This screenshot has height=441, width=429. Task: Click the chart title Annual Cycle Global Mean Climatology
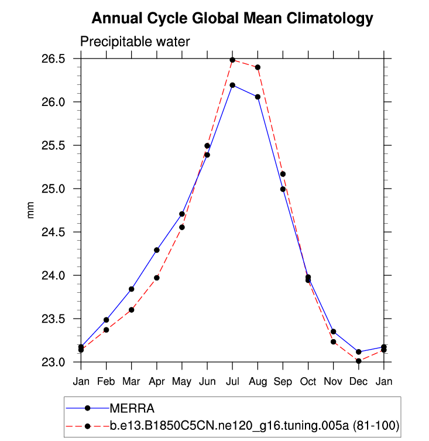232,19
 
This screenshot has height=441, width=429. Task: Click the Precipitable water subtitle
135,42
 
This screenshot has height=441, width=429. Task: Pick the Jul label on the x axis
232,381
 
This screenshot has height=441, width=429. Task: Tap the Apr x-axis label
156,381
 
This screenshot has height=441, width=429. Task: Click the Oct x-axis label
308,381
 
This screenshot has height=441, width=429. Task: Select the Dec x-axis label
358,381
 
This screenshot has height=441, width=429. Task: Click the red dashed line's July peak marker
232,60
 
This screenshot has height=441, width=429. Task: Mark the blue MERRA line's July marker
232,85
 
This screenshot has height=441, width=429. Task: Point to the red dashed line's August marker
258,67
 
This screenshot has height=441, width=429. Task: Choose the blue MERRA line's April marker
156,250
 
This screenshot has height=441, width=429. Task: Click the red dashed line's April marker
156,278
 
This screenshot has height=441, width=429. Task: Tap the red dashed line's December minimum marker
358,361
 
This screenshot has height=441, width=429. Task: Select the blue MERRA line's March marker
131,289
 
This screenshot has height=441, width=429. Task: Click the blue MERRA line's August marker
258,97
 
